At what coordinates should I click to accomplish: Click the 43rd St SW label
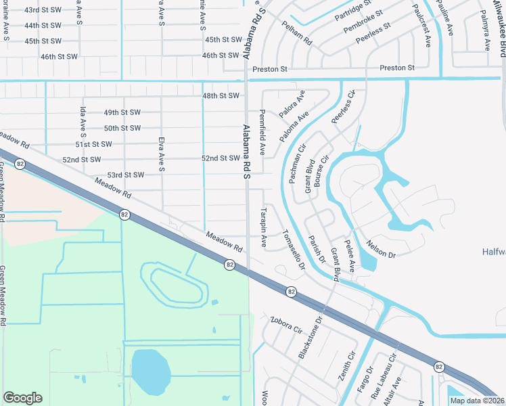pos(42,10)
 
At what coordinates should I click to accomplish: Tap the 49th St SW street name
pos(122,112)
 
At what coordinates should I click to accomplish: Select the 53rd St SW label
pos(126,175)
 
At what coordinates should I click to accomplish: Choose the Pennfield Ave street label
pos(262,132)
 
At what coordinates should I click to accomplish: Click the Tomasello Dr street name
pos(294,248)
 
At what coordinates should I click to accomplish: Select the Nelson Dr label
pos(380,248)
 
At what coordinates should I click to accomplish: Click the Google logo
pos(22,398)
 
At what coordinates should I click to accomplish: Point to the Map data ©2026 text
pos(476,401)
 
